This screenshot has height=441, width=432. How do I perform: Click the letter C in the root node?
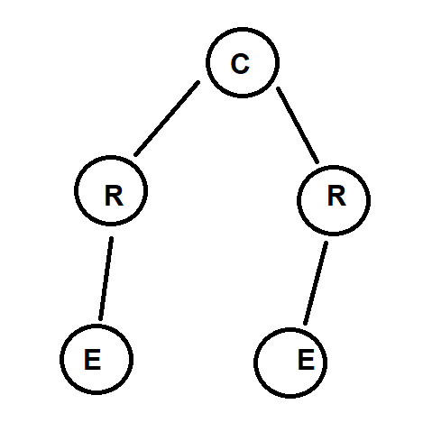[x=240, y=63]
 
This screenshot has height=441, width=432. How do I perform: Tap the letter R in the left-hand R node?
[x=114, y=196]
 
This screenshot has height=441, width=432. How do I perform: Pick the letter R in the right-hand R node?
[x=336, y=196]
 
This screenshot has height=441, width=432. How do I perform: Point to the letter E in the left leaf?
[x=92, y=360]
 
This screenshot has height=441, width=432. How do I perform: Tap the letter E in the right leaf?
[x=306, y=360]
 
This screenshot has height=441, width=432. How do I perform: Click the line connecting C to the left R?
[x=167, y=118]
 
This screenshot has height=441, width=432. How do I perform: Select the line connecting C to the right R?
[x=298, y=125]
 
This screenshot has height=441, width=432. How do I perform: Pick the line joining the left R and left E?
[x=106, y=279]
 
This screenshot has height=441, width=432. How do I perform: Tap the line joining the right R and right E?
[x=316, y=283]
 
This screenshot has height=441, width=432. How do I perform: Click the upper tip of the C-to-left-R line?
[x=198, y=81]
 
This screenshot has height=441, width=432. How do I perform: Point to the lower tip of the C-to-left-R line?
[x=135, y=155]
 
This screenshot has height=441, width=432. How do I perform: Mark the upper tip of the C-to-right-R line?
[x=278, y=88]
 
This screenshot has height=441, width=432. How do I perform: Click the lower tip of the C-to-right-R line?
[x=317, y=162]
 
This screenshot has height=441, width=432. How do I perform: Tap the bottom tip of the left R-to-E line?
[x=100, y=319]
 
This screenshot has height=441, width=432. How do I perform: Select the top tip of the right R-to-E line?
[x=326, y=243]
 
